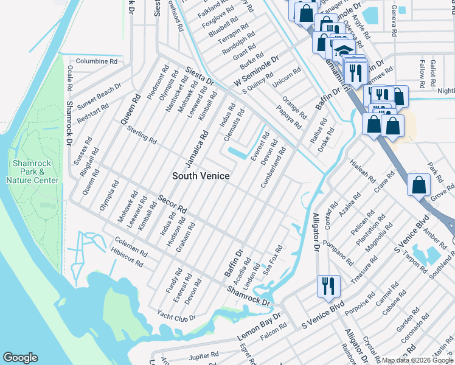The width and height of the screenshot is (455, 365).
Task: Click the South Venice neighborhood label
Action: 201,176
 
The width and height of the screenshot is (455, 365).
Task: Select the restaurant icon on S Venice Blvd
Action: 328,286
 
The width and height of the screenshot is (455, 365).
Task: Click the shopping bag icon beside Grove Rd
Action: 419,185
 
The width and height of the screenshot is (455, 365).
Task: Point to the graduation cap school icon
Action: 344,50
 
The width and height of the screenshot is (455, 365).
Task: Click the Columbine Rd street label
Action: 96,61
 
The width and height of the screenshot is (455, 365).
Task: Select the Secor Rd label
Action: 172,204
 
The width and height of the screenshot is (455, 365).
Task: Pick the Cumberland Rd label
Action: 274,171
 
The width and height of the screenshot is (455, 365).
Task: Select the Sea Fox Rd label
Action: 273,259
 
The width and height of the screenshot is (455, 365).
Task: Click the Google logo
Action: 20,358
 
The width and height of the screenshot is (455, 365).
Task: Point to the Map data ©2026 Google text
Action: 417,361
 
